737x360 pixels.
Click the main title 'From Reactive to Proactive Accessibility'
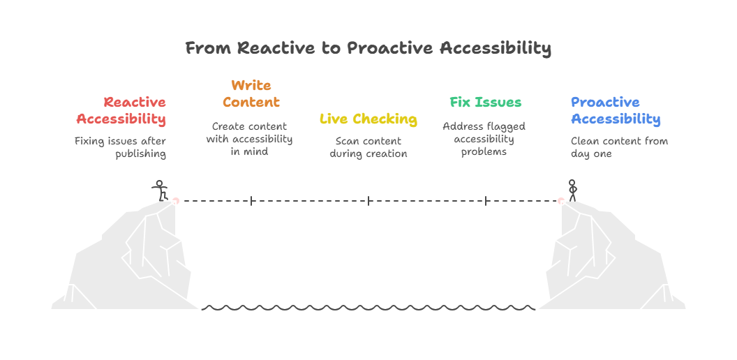(x=368, y=48)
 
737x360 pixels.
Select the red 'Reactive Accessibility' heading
(x=121, y=111)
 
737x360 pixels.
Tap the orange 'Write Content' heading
(x=251, y=93)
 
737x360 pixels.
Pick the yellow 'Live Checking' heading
(x=368, y=119)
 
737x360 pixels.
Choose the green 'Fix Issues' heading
(x=485, y=102)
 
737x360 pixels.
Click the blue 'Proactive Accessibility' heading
(x=615, y=111)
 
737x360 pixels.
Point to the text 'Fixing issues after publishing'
(x=121, y=147)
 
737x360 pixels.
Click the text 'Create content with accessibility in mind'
(x=250, y=139)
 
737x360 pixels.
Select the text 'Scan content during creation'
(x=368, y=147)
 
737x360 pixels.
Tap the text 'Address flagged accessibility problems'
(x=484, y=139)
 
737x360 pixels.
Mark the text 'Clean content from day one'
(x=619, y=147)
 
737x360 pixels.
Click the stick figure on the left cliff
(x=161, y=190)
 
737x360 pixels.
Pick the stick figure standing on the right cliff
(x=572, y=190)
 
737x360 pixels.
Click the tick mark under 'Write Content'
(x=251, y=201)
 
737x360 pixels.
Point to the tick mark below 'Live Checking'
(x=368, y=201)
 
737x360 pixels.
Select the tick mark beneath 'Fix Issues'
(x=486, y=201)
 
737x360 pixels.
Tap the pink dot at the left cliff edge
(x=176, y=201)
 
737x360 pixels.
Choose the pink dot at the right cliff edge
(x=560, y=201)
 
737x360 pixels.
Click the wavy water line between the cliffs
(x=368, y=307)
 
